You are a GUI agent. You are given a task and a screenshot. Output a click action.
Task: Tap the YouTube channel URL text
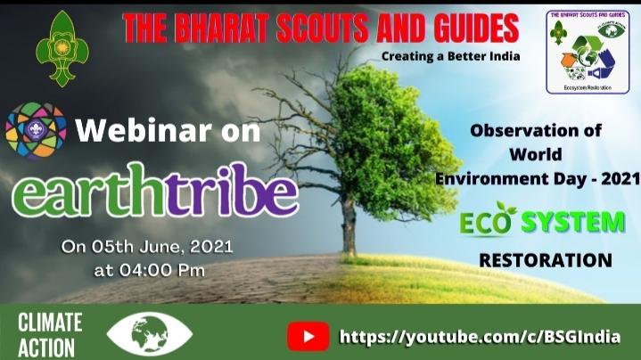point(480,337)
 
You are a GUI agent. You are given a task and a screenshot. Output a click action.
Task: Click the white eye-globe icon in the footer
point(149,334)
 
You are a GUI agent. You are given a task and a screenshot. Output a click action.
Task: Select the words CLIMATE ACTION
point(50,334)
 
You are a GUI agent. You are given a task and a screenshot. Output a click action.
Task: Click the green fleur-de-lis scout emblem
point(62,48)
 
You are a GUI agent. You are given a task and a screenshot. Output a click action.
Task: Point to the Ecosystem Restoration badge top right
point(588,53)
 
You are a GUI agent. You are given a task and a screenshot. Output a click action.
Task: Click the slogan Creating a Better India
point(449,56)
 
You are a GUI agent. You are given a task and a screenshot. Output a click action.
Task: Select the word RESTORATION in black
point(545,261)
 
